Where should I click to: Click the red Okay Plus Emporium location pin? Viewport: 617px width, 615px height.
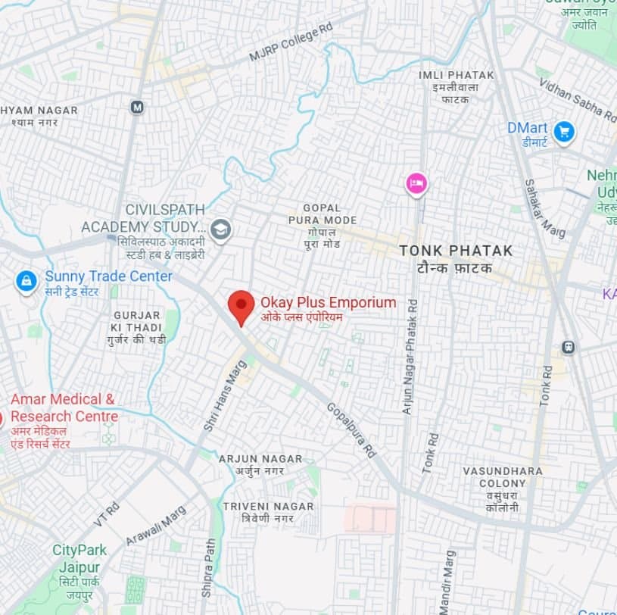coord(241,305)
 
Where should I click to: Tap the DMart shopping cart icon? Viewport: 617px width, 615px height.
coord(563,133)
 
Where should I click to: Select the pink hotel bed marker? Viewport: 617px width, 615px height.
coord(416,183)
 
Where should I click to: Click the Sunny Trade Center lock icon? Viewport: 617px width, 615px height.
coord(26,283)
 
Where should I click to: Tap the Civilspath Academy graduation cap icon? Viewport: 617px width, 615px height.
coord(220,229)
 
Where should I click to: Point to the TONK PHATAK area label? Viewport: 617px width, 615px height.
coord(456,251)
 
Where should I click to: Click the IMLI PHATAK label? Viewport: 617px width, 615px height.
coord(456,75)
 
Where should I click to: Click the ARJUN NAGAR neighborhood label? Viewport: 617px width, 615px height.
coord(260,459)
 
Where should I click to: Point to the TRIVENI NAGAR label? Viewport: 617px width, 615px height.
coord(268,506)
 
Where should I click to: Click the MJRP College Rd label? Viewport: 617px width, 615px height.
coord(291,43)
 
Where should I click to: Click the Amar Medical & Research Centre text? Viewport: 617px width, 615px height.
coord(64,407)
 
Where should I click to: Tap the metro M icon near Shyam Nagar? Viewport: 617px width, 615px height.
coord(137,107)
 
